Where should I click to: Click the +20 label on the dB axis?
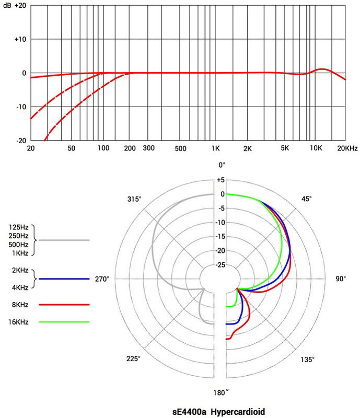click(x=22, y=5)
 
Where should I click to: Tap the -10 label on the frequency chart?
click(x=20, y=107)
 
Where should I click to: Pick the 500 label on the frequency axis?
click(x=181, y=148)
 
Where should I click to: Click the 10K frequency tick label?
click(x=316, y=148)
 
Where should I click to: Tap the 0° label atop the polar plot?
click(x=222, y=165)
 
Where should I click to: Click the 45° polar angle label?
click(x=307, y=199)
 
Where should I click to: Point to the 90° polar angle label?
click(x=341, y=279)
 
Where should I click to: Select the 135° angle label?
click(x=307, y=359)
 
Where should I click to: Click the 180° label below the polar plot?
click(x=222, y=393)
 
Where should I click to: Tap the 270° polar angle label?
click(x=102, y=279)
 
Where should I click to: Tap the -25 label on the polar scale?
click(x=222, y=265)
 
